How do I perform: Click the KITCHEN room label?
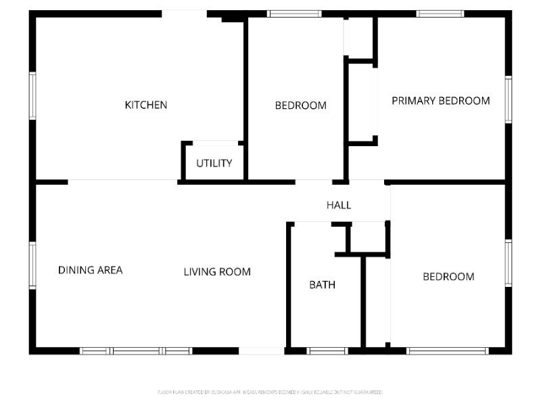coord(146,105)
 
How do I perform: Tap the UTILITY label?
coord(214,163)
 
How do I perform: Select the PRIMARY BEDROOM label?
coord(441,101)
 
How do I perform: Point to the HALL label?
coord(339,205)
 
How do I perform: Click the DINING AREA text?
coord(91,270)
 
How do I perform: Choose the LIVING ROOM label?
coord(217,272)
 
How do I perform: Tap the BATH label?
coord(322,285)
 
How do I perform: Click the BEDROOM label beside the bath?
coord(448,276)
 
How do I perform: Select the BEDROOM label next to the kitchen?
coord(300,106)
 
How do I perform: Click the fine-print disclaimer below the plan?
coord(270,392)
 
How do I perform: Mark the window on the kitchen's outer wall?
coord(32,96)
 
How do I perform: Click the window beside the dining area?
coord(32,266)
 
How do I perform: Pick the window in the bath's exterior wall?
coord(327,351)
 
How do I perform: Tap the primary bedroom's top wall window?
coord(440,14)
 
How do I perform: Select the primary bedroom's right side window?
coord(509,99)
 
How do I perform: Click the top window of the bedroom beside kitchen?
coord(294,14)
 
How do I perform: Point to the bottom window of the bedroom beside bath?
coord(447,351)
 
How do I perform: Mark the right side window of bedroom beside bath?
coord(509,263)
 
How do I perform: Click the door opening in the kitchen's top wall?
coord(184,14)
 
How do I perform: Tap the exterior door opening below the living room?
coord(262,351)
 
